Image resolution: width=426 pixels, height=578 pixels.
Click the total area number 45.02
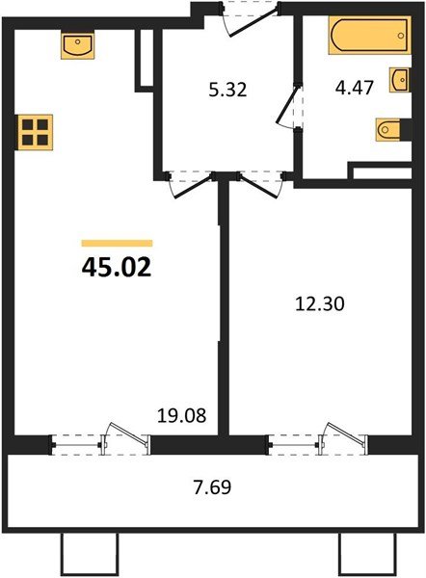117,267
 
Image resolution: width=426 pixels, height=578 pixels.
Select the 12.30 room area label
319,302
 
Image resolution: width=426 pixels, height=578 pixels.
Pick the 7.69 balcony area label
210,486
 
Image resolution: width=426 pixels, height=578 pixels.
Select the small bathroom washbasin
398,79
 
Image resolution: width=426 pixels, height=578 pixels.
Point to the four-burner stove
34,131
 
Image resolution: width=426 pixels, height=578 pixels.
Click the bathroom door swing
287,108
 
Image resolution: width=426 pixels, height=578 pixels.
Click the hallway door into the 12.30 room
257,182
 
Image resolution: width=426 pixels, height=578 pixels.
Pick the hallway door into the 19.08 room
188,183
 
